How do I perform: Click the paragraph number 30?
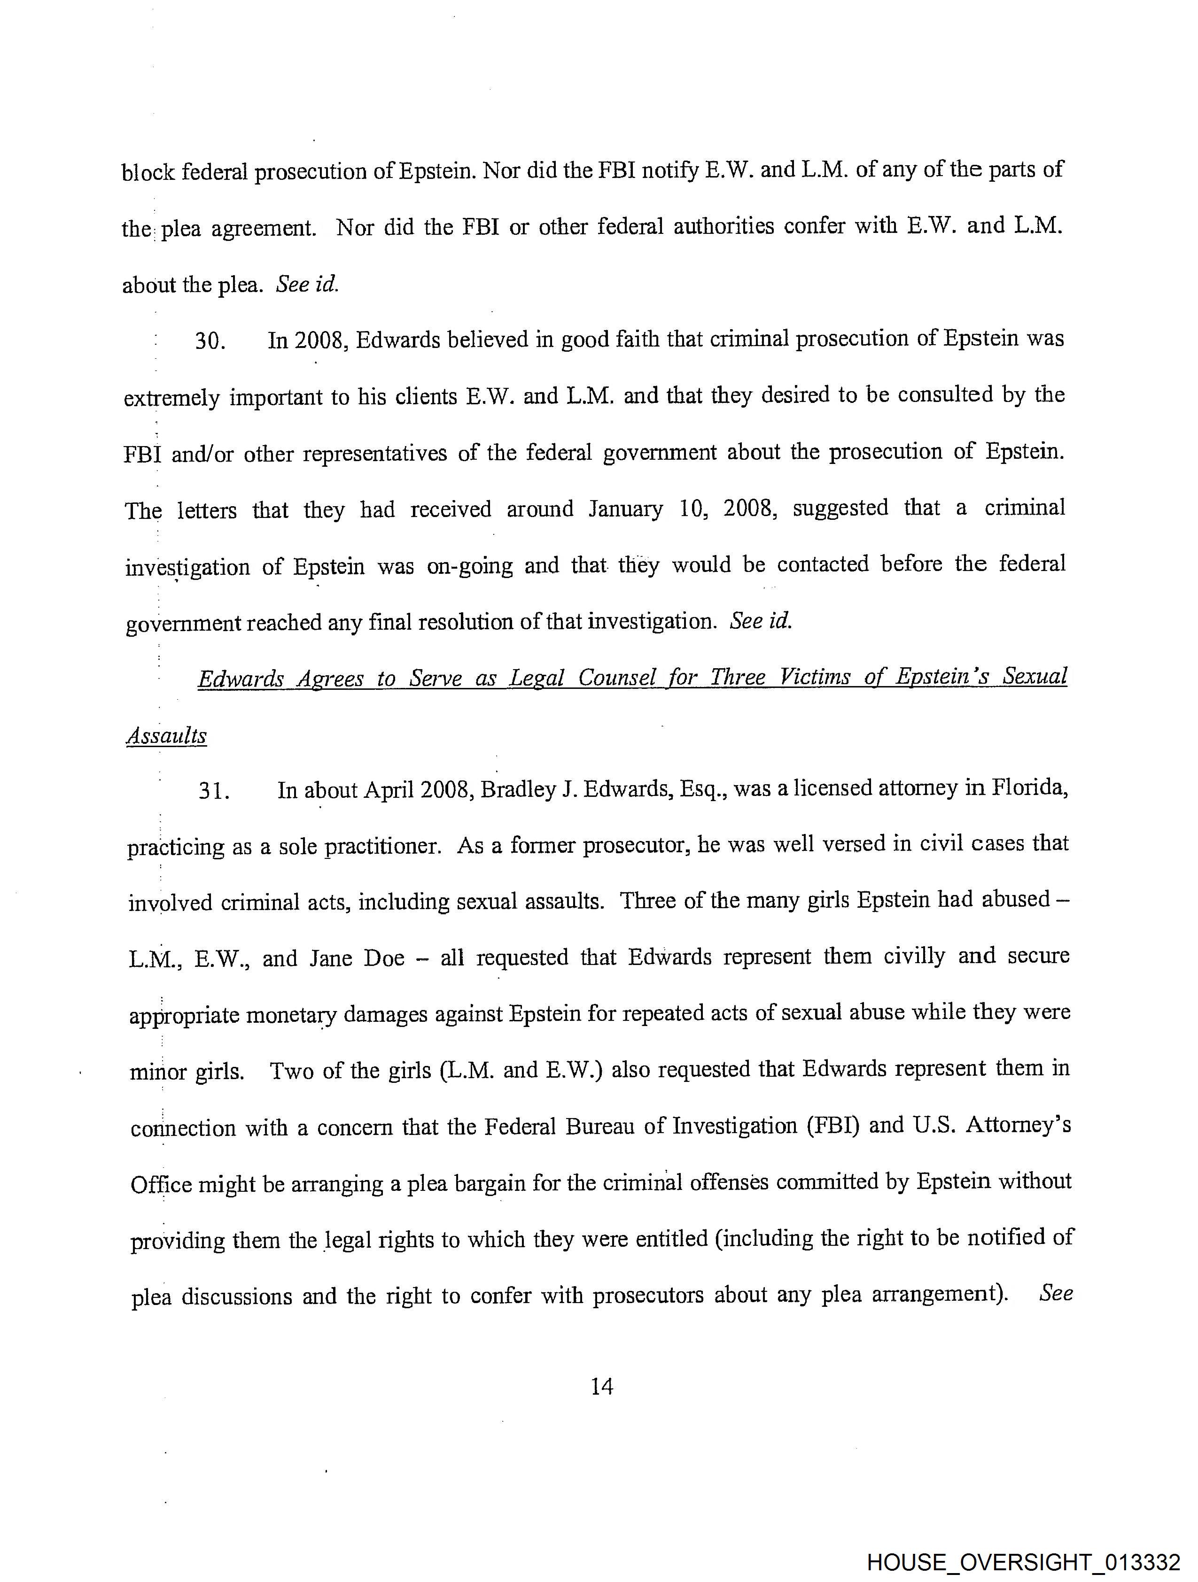(210, 341)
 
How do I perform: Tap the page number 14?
(602, 1387)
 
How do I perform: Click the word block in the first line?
(148, 172)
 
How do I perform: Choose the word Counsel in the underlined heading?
(616, 677)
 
